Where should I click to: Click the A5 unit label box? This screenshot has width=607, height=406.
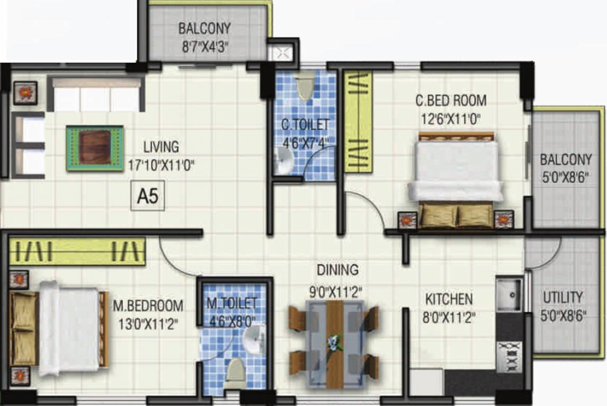pyautogui.click(x=148, y=197)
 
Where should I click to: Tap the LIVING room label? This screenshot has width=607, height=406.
pyautogui.click(x=161, y=146)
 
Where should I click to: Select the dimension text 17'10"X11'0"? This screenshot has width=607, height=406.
pyautogui.click(x=161, y=164)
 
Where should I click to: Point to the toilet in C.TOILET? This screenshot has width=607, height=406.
pyautogui.click(x=305, y=86)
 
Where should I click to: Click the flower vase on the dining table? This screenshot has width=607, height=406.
pyautogui.click(x=334, y=343)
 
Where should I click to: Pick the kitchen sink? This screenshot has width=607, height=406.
pyautogui.click(x=509, y=294)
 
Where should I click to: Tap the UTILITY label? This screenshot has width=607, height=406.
pyautogui.click(x=563, y=297)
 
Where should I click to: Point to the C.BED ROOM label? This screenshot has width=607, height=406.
pyautogui.click(x=450, y=100)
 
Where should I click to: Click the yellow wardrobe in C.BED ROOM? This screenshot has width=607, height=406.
pyautogui.click(x=358, y=122)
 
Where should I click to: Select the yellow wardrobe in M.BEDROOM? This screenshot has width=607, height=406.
pyautogui.click(x=77, y=251)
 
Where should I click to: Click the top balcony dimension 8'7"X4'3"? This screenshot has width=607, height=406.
pyautogui.click(x=205, y=47)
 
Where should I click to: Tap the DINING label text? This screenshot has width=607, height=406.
pyautogui.click(x=337, y=270)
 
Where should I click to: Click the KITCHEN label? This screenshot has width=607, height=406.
pyautogui.click(x=449, y=299)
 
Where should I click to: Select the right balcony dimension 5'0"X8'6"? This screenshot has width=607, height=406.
pyautogui.click(x=565, y=177)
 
